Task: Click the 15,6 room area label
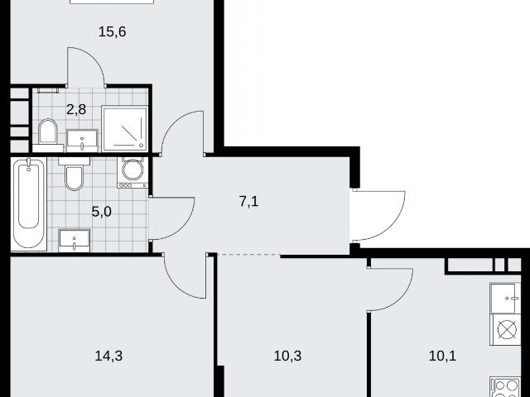pyautogui.click(x=113, y=31)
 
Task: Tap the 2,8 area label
pyautogui.click(x=76, y=109)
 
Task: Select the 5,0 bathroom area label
pyautogui.click(x=101, y=212)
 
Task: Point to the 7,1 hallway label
pyautogui.click(x=248, y=202)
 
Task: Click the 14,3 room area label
pyautogui.click(x=108, y=356)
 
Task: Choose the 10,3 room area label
pyautogui.click(x=287, y=356)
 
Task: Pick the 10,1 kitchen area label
pyautogui.click(x=442, y=356)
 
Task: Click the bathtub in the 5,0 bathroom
pyautogui.click(x=28, y=204)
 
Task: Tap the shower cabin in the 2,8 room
pyautogui.click(x=125, y=128)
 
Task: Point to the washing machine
pyautogui.click(x=132, y=172)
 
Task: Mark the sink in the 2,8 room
pyautogui.click(x=82, y=141)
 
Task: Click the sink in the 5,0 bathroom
pyautogui.click(x=75, y=241)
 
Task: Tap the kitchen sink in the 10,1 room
pyautogui.click(x=505, y=299)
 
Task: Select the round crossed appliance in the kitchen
pyautogui.click(x=507, y=329)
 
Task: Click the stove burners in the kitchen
pyautogui.click(x=506, y=387)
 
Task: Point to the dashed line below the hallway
pyautogui.click(x=248, y=255)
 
